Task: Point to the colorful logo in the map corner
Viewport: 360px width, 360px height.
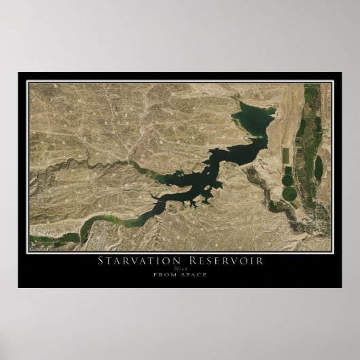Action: pyautogui.click(x=35, y=241)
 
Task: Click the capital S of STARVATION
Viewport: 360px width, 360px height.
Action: pyautogui.click(x=101, y=261)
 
